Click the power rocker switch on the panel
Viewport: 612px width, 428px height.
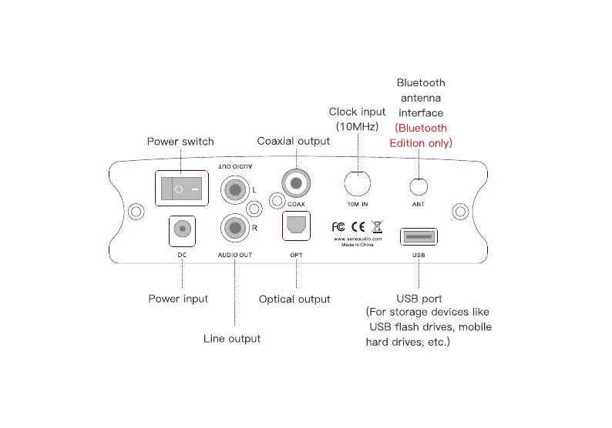coord(183,188)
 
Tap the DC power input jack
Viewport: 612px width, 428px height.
coord(183,229)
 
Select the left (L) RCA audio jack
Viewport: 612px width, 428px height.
coord(234,188)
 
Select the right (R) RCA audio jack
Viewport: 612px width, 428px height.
coord(234,227)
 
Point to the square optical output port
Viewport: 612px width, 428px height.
coord(296,226)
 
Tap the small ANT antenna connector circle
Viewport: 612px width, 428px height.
coord(419,186)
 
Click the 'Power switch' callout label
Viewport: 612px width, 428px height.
coord(180,142)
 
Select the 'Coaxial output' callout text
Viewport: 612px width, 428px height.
coord(293,141)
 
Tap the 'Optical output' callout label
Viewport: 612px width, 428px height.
coord(294,299)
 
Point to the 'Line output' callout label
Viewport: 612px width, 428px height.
coord(232,339)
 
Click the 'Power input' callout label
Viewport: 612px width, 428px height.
coord(178,299)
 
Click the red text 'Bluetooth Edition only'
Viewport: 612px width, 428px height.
coord(421,135)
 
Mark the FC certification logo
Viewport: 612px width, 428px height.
coord(338,226)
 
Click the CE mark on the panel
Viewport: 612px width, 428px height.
coord(358,226)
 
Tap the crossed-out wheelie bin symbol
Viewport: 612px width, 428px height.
coord(377,226)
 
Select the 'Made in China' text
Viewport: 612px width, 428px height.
coord(357,244)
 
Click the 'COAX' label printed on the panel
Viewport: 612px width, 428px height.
coord(296,204)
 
